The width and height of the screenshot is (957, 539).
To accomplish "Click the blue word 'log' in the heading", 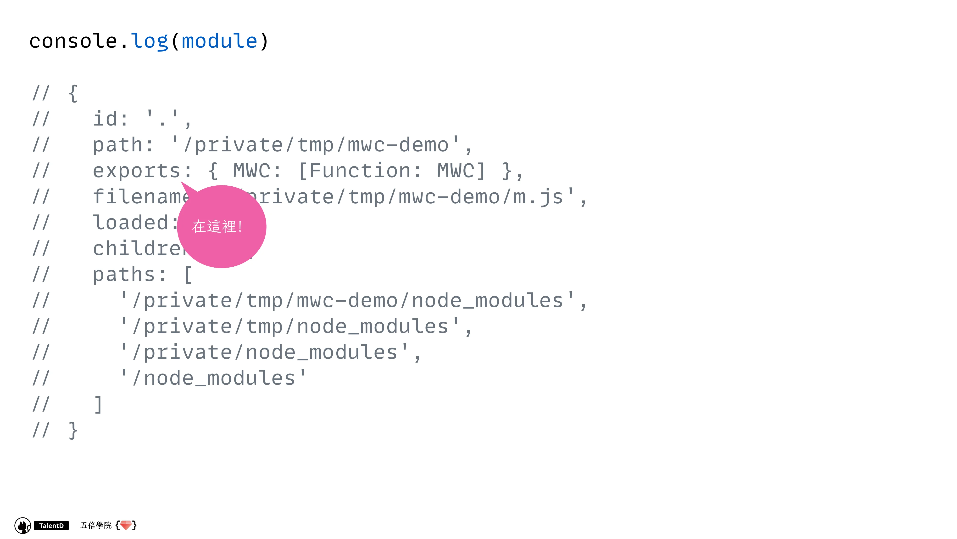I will [149, 41].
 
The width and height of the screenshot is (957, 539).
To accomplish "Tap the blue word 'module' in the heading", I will [219, 41].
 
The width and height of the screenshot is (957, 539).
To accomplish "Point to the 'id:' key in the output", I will [110, 119].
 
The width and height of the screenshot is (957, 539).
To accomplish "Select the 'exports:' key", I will [142, 171].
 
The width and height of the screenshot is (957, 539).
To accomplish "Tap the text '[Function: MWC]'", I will [392, 171].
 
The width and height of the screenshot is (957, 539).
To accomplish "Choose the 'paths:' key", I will [129, 275].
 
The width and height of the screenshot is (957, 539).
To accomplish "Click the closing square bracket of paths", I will [98, 404].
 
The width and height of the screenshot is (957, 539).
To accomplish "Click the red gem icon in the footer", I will [126, 525].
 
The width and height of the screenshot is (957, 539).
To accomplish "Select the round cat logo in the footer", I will [23, 526].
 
